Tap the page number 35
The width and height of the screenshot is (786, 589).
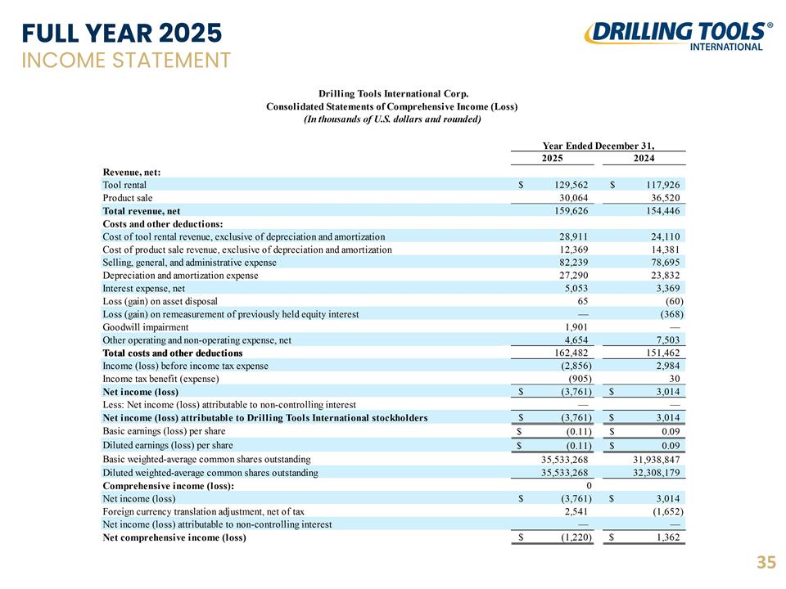766,563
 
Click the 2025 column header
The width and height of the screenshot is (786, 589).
553,158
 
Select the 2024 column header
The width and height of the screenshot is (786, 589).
644,158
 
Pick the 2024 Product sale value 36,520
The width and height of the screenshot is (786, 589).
665,198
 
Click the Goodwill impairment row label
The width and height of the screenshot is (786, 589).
146,327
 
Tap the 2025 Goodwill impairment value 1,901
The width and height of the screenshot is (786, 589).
576,327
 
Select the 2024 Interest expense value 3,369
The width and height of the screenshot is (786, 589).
668,288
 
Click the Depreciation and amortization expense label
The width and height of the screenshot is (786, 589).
180,276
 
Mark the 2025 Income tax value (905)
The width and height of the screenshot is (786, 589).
580,379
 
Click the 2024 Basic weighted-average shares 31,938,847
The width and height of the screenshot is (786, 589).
656,459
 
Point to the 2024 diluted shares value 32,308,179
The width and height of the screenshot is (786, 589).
656,472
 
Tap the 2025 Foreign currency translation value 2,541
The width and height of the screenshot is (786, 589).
576,511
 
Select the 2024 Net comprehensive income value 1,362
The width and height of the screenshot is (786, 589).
668,537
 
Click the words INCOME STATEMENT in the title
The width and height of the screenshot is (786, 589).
126,60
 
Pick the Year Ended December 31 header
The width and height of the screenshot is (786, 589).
599,146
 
